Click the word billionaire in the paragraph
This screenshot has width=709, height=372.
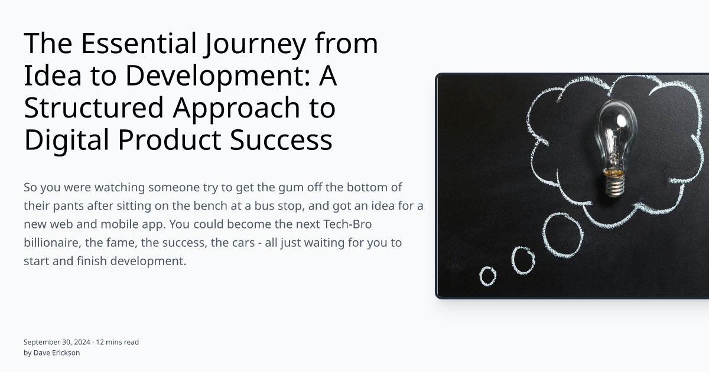52,243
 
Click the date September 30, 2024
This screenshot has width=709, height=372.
57,342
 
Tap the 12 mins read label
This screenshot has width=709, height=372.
118,342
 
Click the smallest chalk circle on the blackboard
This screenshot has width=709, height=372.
488,276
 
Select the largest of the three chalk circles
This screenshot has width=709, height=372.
562,234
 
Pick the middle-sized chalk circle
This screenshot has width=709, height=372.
523,260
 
